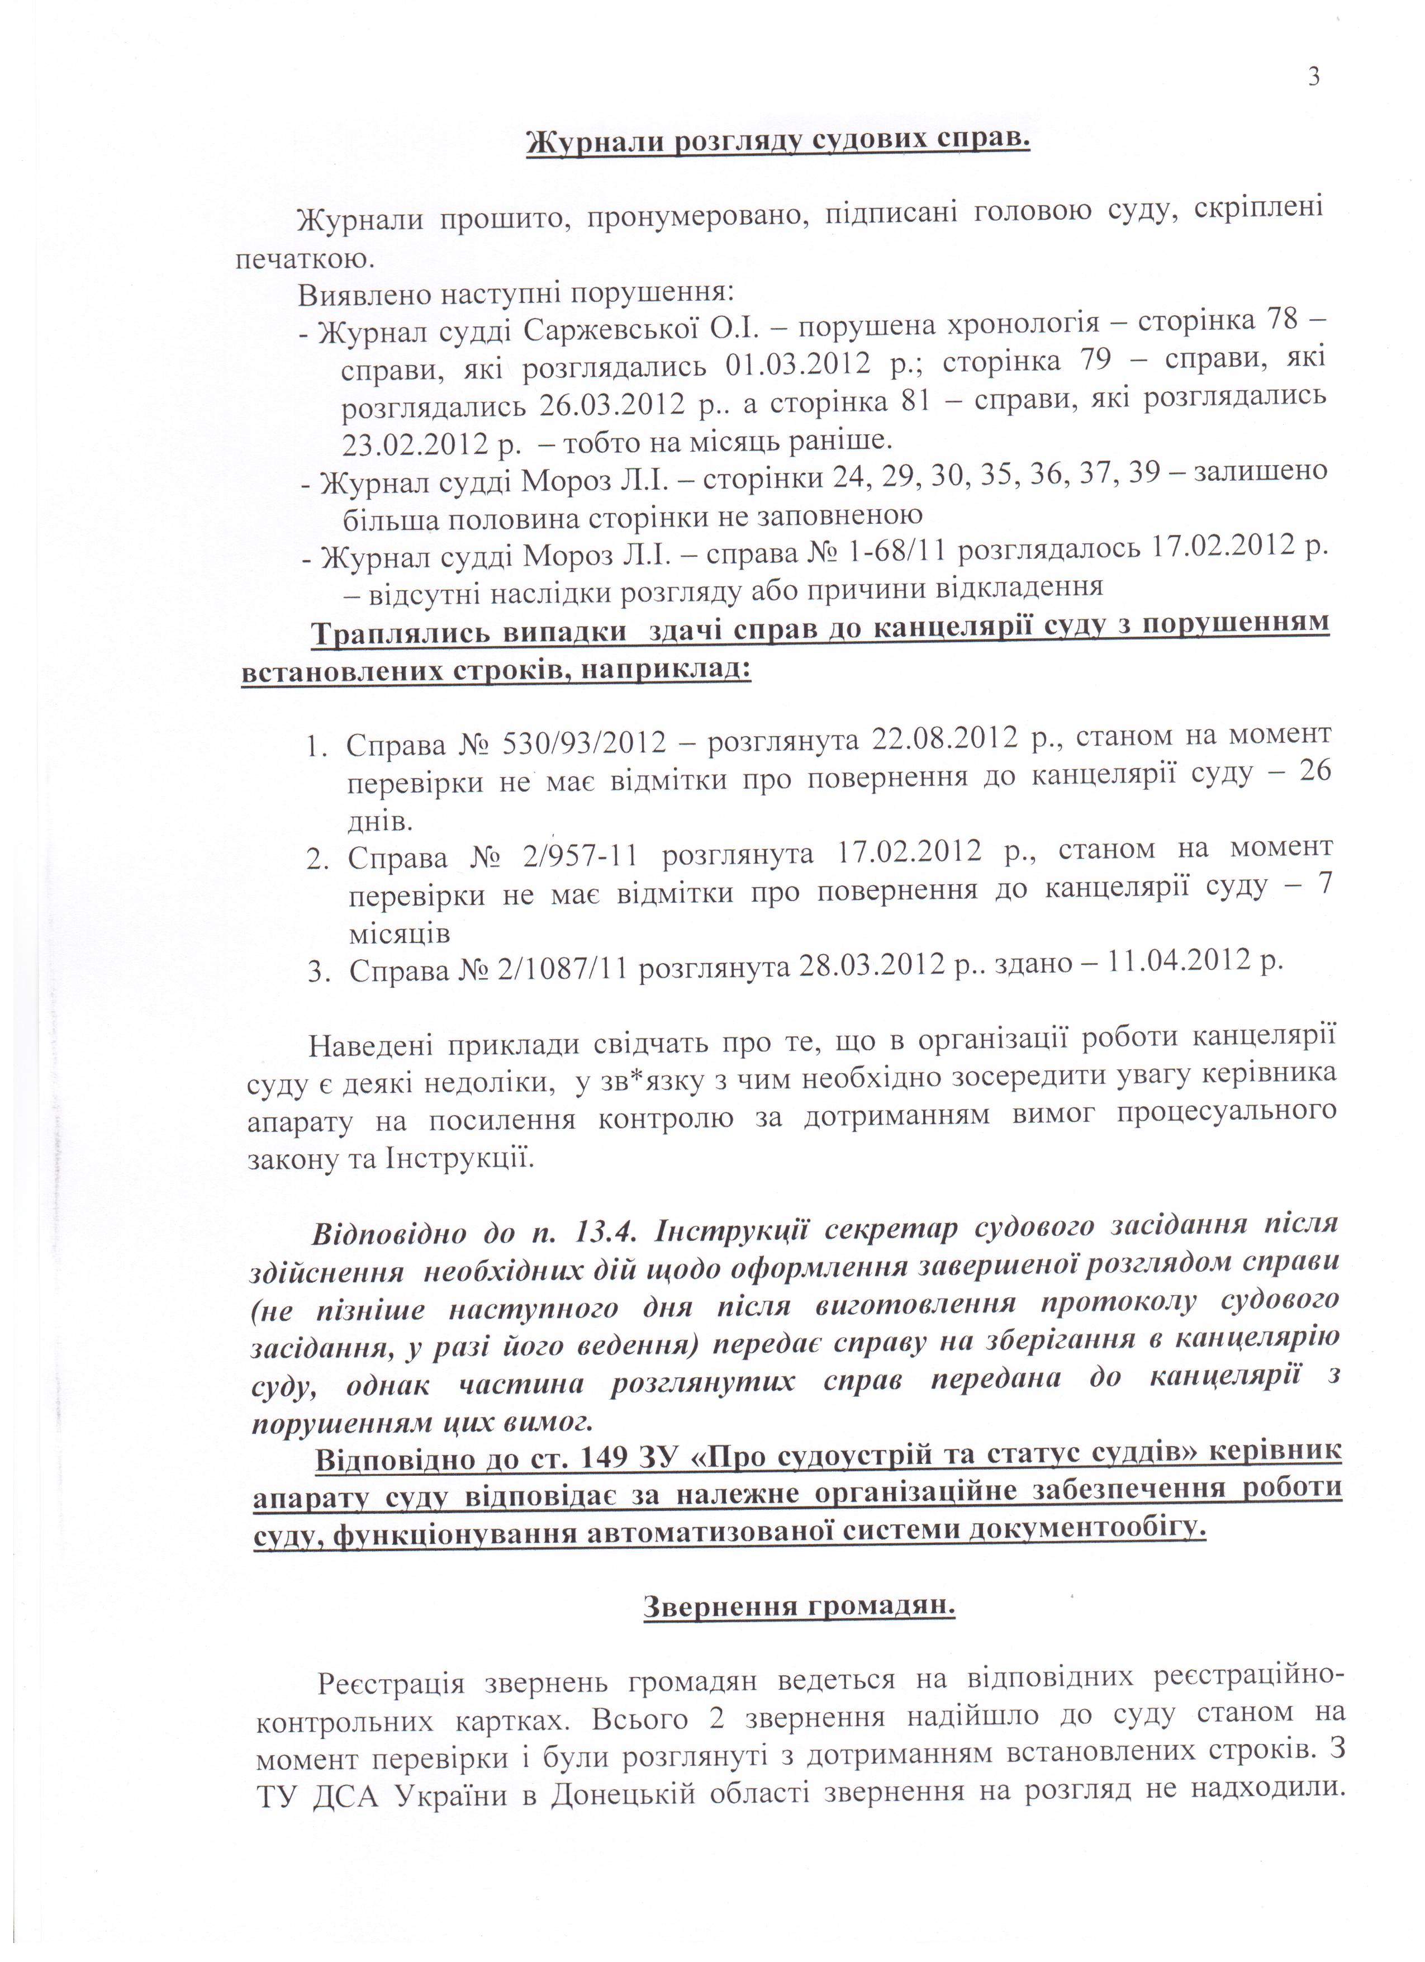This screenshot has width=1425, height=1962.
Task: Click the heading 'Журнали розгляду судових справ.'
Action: [x=778, y=140]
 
